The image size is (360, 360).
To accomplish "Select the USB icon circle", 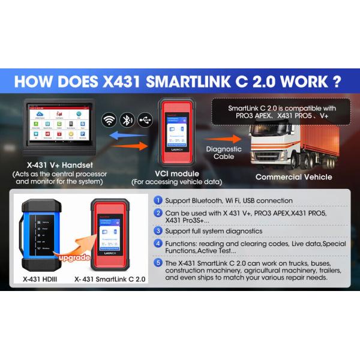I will click(145, 119).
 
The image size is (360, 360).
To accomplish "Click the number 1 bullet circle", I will click(158, 200).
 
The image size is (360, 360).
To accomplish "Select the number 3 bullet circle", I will click(158, 230).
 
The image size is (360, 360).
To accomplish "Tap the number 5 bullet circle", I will click(158, 262).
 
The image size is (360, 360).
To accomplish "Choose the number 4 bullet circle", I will click(158, 244).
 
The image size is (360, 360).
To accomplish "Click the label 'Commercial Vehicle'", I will click(293, 177).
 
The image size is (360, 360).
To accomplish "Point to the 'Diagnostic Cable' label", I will click(224, 153).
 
